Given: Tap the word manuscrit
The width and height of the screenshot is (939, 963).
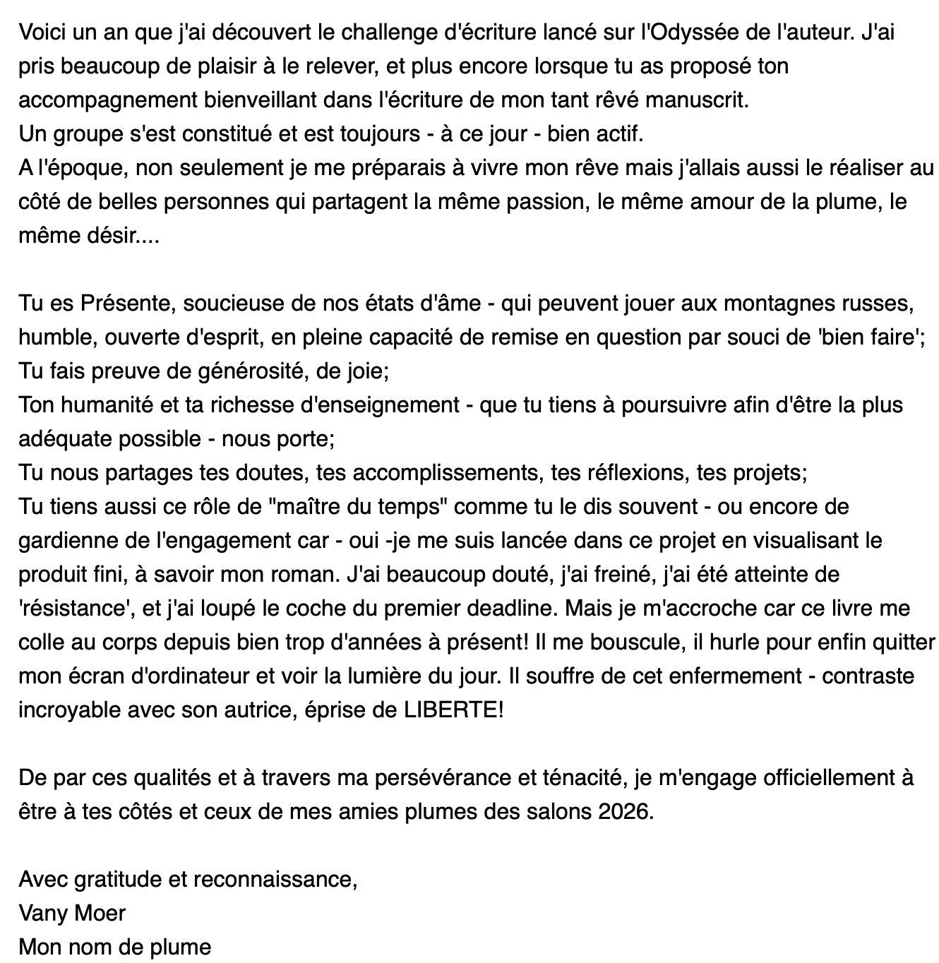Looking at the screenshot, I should point(695,100).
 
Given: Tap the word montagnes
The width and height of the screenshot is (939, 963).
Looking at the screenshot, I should point(774,304).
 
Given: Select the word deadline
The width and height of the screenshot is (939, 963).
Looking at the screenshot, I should point(503,609).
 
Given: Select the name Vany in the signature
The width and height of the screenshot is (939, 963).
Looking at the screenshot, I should point(42,914).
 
